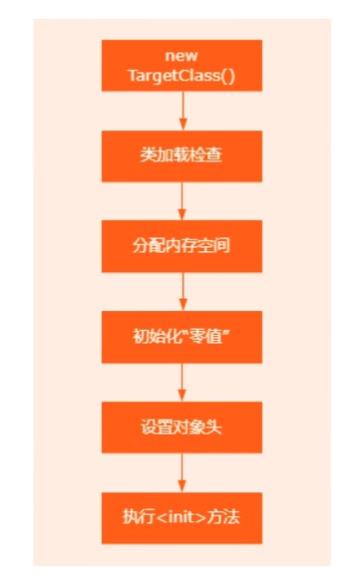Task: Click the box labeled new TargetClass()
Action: (180, 65)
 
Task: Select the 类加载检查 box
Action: (180, 155)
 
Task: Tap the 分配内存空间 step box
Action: (180, 245)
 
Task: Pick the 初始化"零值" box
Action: (180, 336)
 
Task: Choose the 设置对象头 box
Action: (180, 427)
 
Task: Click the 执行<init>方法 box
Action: (180, 517)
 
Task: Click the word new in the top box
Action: (180, 56)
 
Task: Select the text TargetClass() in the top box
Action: (180, 75)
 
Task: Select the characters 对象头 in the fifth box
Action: (196, 427)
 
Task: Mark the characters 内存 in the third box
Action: (180, 245)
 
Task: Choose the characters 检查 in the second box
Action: (203, 155)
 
